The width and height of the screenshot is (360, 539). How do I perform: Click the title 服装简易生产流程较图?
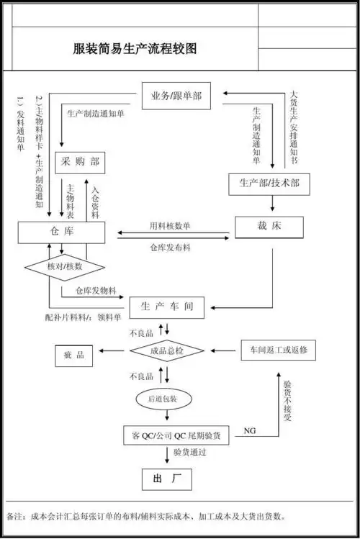134,50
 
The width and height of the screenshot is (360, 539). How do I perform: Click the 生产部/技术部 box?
269,184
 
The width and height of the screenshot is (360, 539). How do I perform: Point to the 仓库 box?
62,232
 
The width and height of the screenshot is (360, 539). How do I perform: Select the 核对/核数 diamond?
64,266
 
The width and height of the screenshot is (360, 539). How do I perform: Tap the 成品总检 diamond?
167,351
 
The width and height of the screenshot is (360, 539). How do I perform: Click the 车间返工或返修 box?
278,350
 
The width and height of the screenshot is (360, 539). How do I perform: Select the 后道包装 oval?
167,398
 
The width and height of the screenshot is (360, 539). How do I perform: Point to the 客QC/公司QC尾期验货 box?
176,435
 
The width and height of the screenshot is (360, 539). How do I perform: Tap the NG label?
250,430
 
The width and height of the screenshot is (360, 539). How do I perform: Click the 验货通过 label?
190,453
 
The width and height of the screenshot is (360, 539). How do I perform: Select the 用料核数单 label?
170,226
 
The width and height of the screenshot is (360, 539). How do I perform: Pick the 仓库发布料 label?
170,248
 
